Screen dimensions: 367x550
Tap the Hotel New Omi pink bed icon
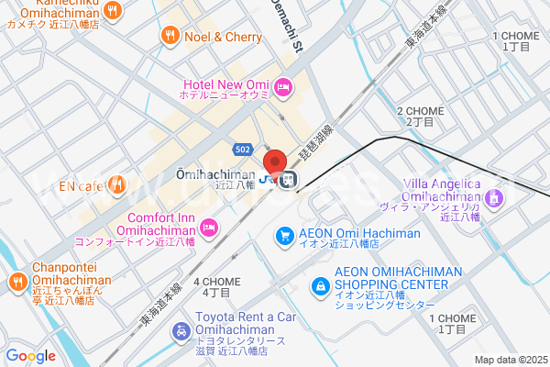283,87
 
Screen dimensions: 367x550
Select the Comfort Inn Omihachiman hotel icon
209,226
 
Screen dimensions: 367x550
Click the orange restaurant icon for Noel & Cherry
170,37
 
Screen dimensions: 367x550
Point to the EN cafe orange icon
116,186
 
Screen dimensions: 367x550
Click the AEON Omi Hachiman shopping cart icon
285,237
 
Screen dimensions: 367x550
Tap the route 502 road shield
242,149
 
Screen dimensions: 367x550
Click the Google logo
31,356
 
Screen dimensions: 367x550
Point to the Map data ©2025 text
510,360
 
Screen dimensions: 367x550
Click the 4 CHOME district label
216,286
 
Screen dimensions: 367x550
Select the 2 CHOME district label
420,116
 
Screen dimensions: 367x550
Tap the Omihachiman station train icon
288,179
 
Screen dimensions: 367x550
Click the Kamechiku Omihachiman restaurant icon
113,11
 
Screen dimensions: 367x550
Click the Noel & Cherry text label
223,37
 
